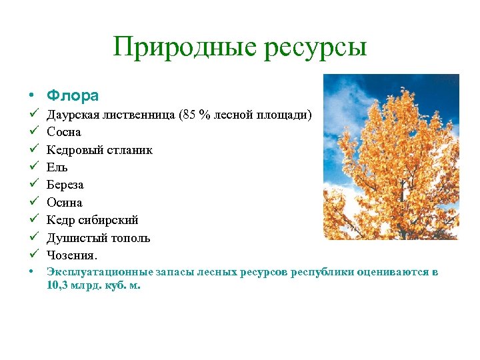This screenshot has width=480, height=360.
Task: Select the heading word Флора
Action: coord(73,95)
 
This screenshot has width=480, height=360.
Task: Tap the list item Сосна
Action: coord(63,132)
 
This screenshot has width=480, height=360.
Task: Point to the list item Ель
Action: coord(57,167)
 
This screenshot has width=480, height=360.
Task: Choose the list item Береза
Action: coord(65,185)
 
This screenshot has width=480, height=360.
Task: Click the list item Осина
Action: coord(64,202)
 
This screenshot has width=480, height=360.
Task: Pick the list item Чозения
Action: coord(72,255)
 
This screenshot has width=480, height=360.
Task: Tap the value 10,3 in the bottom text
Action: coord(57,285)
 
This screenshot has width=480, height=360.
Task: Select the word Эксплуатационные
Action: coord(99,272)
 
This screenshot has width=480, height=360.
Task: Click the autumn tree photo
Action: coord(391,157)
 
